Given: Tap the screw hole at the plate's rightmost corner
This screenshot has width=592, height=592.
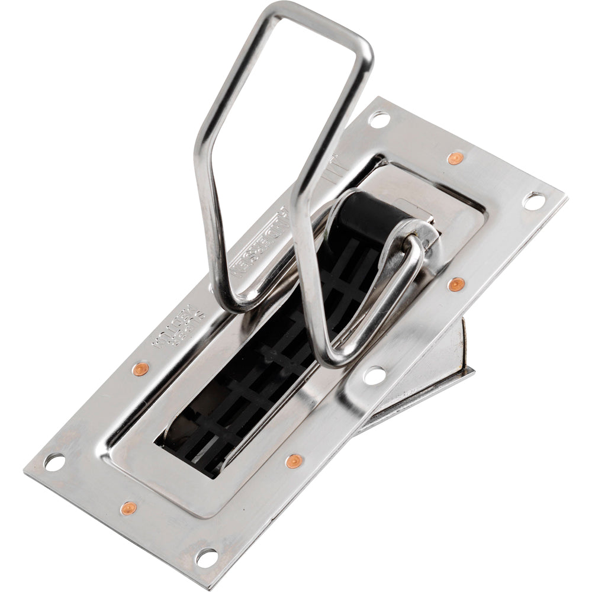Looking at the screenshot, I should [x=533, y=201].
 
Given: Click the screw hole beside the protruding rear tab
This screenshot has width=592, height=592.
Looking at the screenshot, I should [x=374, y=374].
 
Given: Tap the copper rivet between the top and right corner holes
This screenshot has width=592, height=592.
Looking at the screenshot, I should [x=454, y=158].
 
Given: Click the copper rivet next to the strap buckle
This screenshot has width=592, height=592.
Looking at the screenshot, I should [x=455, y=285].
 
